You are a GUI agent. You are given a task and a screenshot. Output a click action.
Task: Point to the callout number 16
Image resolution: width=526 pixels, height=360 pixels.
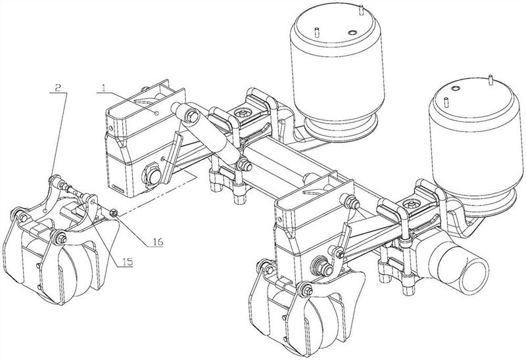click(157, 241)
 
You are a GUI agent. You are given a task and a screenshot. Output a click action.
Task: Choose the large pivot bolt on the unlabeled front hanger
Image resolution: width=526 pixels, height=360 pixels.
click(324, 266)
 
